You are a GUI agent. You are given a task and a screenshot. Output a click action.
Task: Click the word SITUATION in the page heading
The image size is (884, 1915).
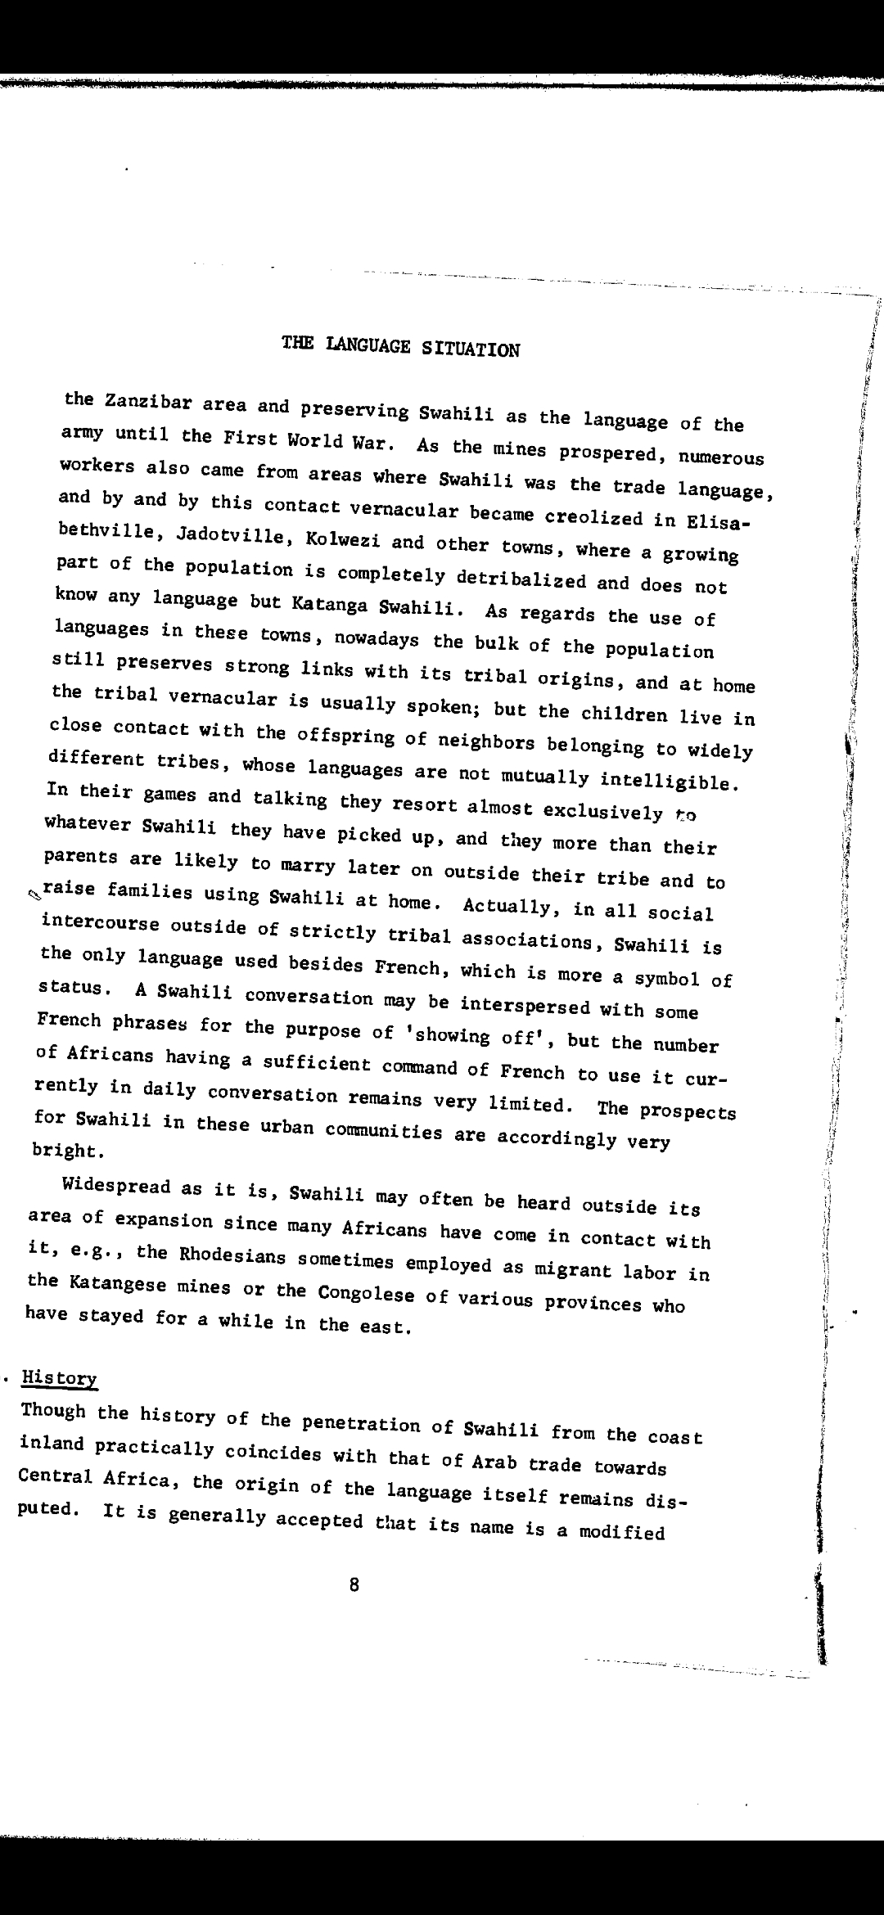[471, 349]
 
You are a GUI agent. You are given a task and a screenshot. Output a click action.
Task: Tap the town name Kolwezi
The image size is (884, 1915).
[336, 542]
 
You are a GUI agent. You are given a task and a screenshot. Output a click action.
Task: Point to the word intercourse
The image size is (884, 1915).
[100, 923]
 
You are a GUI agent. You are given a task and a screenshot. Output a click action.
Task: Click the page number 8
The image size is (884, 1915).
[354, 1585]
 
